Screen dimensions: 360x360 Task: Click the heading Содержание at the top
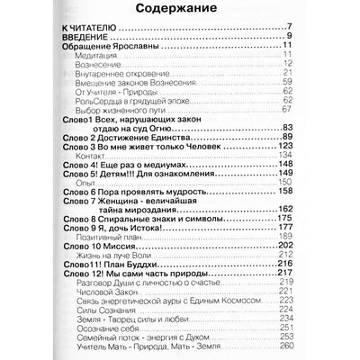[180, 10]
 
